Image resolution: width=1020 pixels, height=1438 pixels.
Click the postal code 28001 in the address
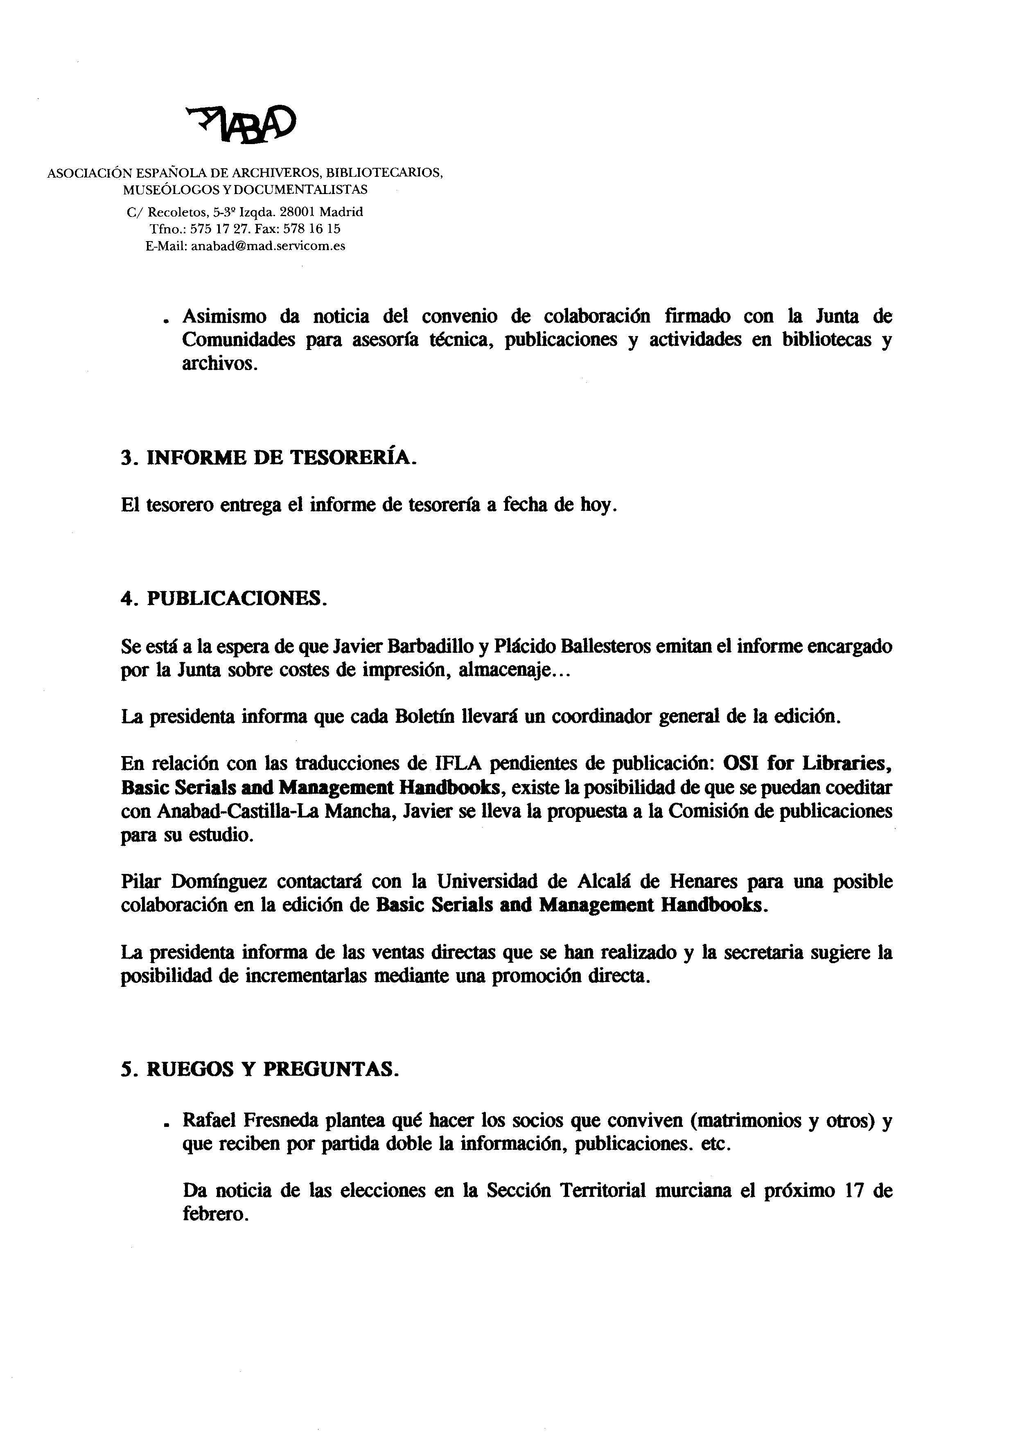tap(299, 212)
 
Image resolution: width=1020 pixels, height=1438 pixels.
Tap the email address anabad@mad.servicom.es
tap(268, 246)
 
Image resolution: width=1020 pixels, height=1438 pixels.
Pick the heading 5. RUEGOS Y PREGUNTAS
tap(260, 1069)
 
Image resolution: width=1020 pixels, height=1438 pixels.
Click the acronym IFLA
tap(457, 763)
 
